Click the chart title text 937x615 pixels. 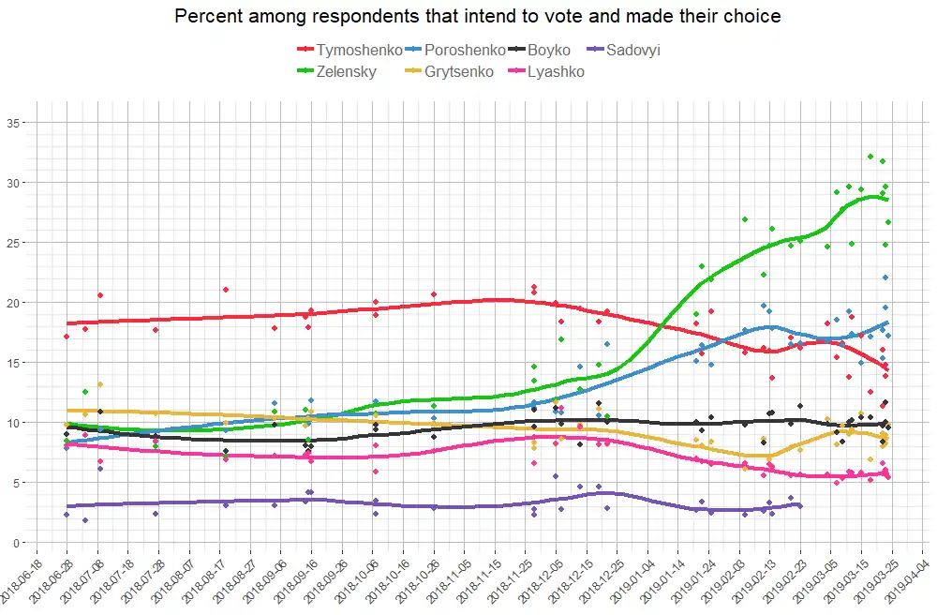point(478,16)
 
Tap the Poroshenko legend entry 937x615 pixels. point(463,50)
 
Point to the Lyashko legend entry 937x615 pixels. point(555,71)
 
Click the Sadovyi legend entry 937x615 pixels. point(632,50)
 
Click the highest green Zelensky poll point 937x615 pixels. point(870,157)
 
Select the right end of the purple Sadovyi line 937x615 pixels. point(799,504)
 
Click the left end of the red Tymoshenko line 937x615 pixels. point(67,323)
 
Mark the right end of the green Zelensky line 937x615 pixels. point(887,199)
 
